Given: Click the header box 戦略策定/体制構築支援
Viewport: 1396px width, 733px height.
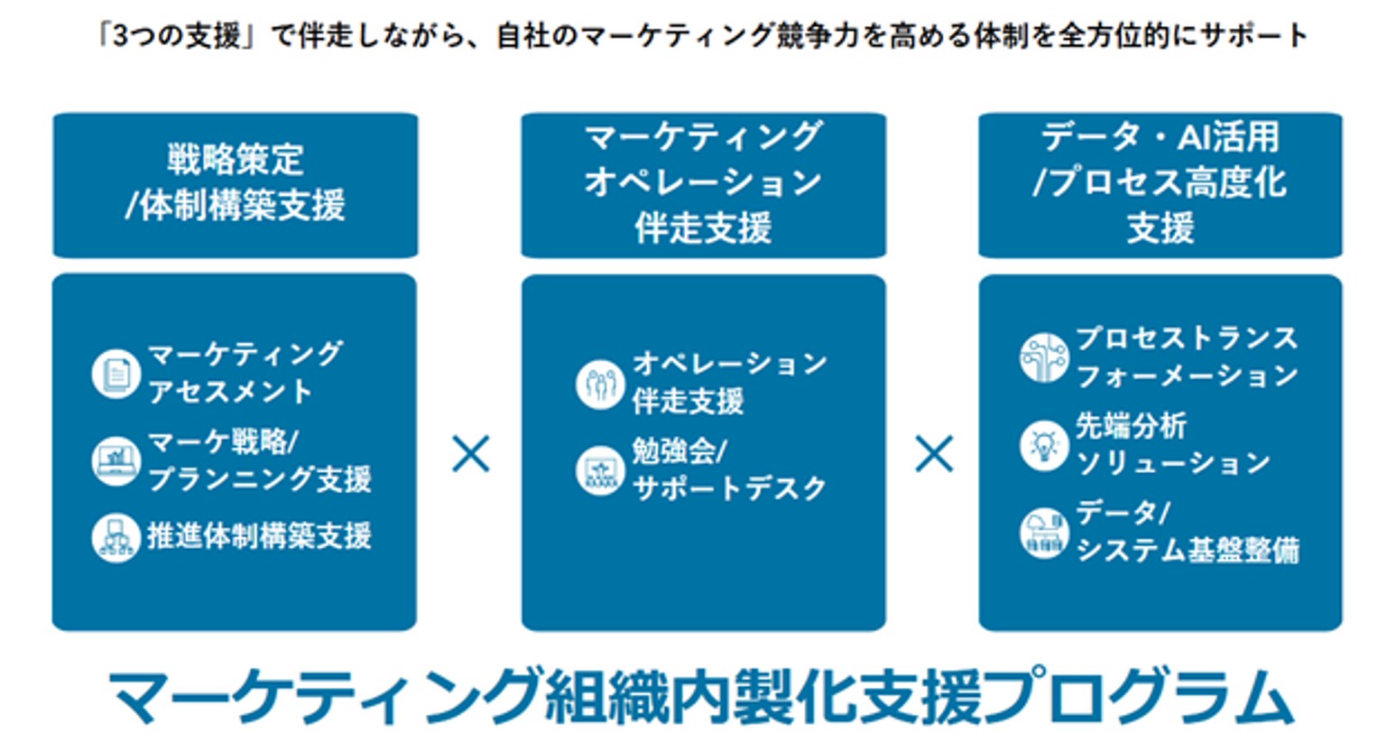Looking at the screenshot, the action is (236, 185).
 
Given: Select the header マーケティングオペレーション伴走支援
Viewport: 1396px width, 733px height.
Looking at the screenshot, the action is (704, 185).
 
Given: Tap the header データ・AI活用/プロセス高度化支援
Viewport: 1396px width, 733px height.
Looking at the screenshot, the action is (1160, 185).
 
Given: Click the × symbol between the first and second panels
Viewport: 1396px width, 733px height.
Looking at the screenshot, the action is (470, 454).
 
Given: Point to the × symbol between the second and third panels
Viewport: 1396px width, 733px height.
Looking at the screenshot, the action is (934, 454).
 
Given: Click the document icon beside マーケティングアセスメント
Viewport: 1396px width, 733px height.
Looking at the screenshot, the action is (116, 374).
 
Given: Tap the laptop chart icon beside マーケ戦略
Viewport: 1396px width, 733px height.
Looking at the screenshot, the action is (116, 461).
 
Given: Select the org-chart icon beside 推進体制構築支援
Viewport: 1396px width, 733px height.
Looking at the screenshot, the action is (116, 538).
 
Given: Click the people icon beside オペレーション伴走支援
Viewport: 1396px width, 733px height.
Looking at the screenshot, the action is (600, 385).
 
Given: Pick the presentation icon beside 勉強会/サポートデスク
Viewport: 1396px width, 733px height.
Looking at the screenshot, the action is (600, 471).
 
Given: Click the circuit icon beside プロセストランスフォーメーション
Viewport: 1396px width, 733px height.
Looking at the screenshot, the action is (1044, 357).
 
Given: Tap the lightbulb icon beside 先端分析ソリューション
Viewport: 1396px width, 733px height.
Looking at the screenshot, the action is (1044, 445).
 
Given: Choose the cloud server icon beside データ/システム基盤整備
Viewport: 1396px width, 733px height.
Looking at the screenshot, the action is (1044, 534).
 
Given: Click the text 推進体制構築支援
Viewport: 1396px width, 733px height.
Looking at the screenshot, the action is (259, 536).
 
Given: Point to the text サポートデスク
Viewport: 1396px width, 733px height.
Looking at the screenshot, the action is (730, 488).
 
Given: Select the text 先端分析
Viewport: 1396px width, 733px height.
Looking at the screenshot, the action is (1132, 426).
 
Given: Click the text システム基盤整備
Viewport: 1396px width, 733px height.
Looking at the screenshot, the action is (1188, 551).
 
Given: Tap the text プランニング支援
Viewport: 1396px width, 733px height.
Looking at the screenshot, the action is (259, 479).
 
